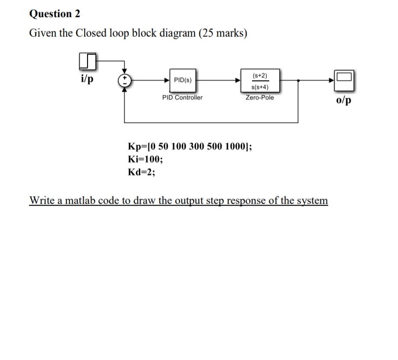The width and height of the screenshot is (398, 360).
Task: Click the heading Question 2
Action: [54, 14]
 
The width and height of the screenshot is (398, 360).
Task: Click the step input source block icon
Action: [87, 61]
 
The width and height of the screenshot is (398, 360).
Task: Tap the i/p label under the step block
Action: [87, 78]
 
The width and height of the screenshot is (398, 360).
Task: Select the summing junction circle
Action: [125, 80]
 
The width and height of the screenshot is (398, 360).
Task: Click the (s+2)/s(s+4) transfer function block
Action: [260, 81]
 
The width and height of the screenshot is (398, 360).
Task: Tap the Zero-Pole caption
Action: [260, 97]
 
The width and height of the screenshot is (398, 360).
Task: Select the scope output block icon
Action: [344, 80]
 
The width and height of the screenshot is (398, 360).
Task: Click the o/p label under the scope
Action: [344, 101]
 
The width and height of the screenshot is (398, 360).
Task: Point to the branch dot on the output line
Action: [298, 81]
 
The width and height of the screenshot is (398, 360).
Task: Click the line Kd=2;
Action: [142, 171]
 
